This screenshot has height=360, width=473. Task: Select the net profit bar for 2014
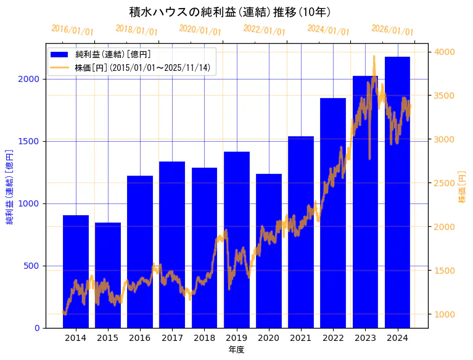click(76, 271)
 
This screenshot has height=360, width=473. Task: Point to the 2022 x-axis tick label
click(333, 337)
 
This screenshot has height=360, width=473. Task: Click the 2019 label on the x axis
click(236, 337)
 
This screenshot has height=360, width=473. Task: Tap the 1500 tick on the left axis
click(31, 141)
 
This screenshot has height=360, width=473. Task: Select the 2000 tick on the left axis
click(31, 79)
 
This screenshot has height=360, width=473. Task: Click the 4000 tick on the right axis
click(445, 52)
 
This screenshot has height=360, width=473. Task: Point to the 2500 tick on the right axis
click(445, 183)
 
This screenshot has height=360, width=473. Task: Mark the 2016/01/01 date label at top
click(73, 30)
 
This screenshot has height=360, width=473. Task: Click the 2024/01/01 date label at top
click(328, 30)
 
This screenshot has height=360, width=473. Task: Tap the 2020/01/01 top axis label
click(200, 30)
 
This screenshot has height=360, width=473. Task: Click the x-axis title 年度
click(236, 350)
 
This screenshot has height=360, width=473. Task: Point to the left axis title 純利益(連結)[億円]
click(10, 186)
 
